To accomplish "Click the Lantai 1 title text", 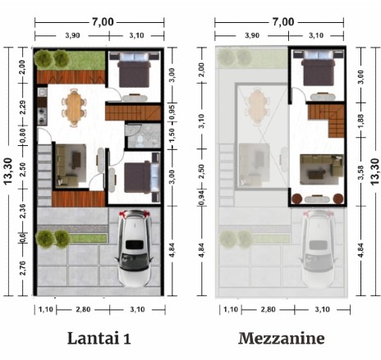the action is (99, 338).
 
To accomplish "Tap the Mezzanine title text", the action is (282, 338).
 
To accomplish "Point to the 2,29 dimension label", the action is (22, 107).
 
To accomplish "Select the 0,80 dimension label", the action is (22, 135).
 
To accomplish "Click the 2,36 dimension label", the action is (22, 211).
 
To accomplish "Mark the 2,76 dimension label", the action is (22, 268).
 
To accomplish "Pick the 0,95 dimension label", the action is (172, 112).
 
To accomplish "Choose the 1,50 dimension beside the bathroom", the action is (172, 135).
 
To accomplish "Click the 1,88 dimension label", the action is (360, 121).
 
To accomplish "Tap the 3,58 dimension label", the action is (360, 172).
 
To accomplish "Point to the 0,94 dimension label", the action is (201, 198).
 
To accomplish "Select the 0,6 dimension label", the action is (22, 237).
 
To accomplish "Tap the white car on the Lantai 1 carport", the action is (135, 248).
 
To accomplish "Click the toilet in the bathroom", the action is (140, 140).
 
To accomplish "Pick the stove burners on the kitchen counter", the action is (42, 116).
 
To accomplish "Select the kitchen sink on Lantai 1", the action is (42, 92).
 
